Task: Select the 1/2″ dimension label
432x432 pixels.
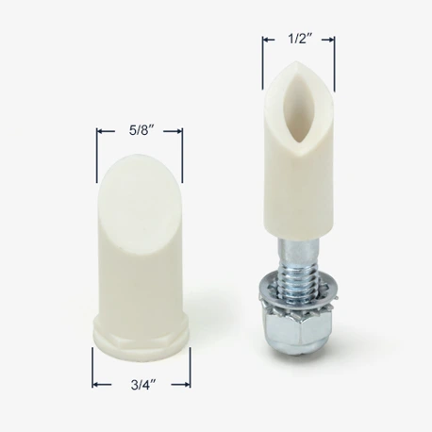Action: click(x=300, y=39)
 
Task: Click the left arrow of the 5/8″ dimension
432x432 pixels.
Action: click(x=106, y=131)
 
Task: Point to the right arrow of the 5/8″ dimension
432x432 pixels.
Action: click(x=173, y=131)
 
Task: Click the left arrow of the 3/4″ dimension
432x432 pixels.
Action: click(x=102, y=384)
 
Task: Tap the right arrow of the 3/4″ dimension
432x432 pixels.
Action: click(x=181, y=384)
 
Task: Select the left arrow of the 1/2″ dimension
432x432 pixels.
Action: click(x=269, y=40)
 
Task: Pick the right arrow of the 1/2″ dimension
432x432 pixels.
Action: click(x=327, y=40)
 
